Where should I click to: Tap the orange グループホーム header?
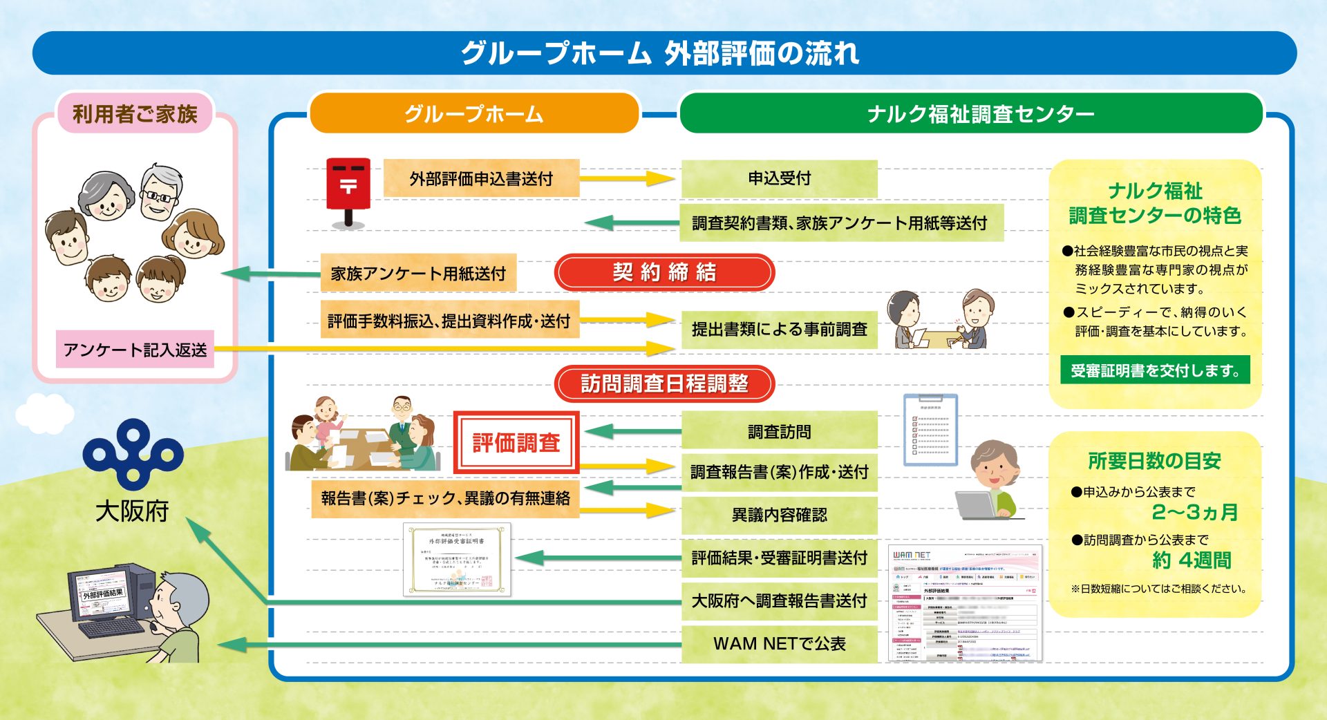coord(473,113)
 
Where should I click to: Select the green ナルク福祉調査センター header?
coord(970,113)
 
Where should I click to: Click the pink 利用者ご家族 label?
coord(135,113)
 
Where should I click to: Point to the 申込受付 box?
coord(779,178)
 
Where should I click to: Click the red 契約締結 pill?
coord(664,272)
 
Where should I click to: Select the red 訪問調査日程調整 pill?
coord(664,383)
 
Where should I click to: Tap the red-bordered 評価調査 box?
coord(516,443)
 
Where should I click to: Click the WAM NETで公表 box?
coord(779,643)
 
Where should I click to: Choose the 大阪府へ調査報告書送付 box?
coord(779,600)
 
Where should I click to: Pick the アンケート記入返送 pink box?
coord(135,350)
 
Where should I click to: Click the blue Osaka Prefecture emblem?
coord(133,453)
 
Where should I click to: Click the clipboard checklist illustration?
coord(930,430)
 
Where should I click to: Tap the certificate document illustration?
coord(457,559)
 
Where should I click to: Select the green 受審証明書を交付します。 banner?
coord(1155,370)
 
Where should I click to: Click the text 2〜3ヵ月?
coord(1194,512)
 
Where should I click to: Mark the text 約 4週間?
coord(1192,560)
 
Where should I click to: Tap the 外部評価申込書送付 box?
coord(481,178)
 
